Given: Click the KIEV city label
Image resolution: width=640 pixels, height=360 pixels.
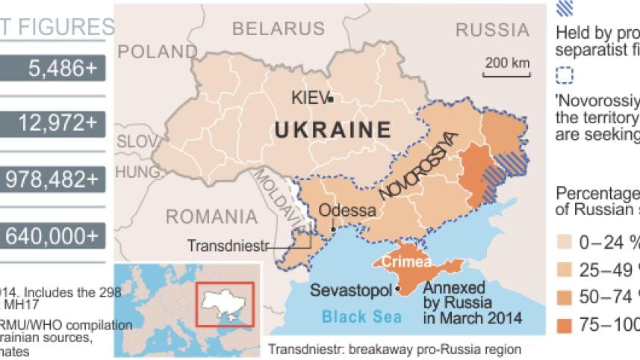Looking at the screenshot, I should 309,99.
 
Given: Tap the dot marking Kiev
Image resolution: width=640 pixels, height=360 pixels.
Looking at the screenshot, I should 330,99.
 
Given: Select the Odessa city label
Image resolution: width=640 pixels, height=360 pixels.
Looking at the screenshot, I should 347,210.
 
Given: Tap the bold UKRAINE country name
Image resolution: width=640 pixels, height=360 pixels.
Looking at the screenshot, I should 332,130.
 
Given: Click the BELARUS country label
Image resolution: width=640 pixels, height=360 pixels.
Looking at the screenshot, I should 279,30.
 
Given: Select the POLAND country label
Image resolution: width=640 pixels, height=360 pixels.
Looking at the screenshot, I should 156,52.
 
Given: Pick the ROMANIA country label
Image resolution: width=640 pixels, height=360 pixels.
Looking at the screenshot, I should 211,217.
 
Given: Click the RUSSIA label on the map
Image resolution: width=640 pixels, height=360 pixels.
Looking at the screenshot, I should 491,30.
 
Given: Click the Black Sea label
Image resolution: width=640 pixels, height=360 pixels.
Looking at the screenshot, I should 362,317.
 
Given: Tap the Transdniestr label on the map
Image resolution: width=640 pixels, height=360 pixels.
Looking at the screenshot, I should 227,245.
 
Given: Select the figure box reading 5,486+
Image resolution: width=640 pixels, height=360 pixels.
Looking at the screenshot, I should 52,69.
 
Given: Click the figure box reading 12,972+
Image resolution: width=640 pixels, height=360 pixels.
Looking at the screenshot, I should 52,124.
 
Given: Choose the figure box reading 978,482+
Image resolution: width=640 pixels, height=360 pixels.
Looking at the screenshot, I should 52,180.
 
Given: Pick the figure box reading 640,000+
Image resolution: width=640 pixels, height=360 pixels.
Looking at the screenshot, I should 52,236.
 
